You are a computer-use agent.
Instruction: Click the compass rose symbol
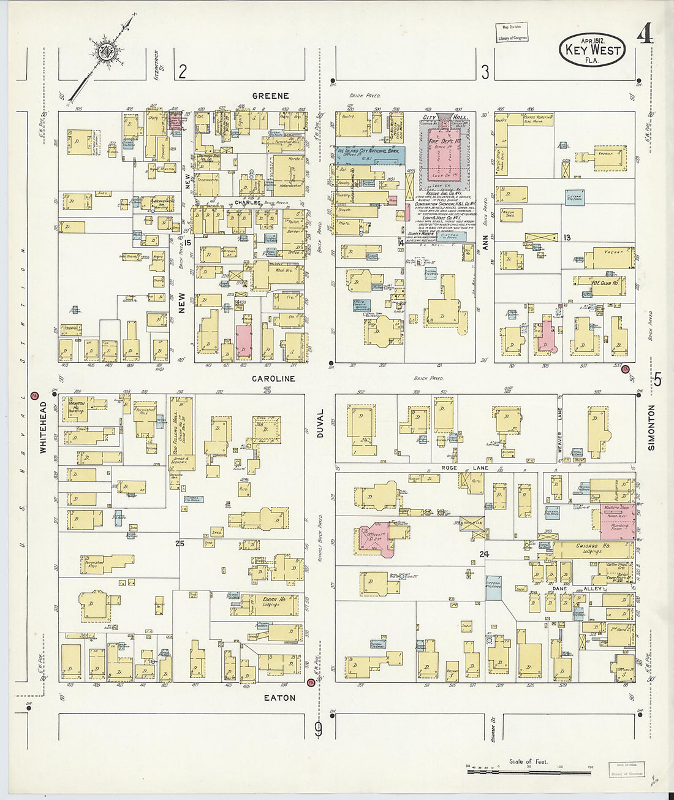pos(105,51)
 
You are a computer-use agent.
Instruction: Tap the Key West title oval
pos(592,50)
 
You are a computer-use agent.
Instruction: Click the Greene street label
pos(270,96)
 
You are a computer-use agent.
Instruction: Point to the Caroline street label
pos(273,379)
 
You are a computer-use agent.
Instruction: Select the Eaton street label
pos(279,698)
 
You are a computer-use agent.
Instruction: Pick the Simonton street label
pos(651,427)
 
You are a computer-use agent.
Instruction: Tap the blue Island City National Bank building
pos(369,154)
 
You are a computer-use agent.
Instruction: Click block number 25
pos(180,544)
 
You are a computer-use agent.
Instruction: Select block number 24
pos(484,554)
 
